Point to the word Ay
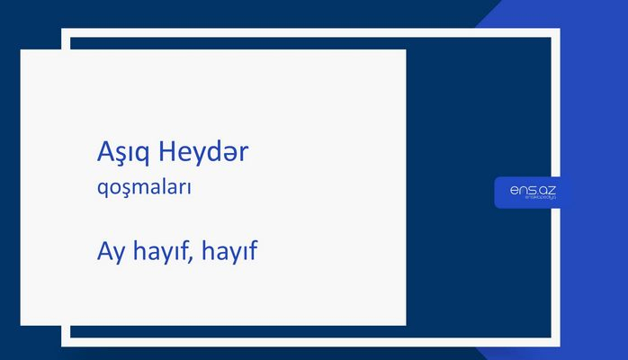click(x=109, y=252)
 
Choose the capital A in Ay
click(x=103, y=251)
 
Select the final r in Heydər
click(x=243, y=155)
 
